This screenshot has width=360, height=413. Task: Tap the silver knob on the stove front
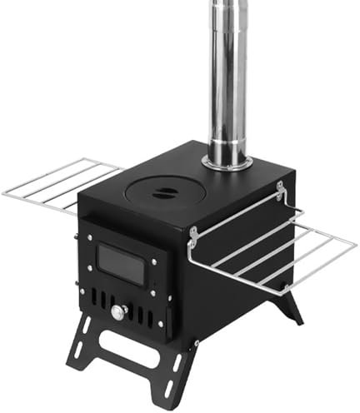(119, 313)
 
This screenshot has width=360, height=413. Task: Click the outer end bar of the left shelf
(8, 192)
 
